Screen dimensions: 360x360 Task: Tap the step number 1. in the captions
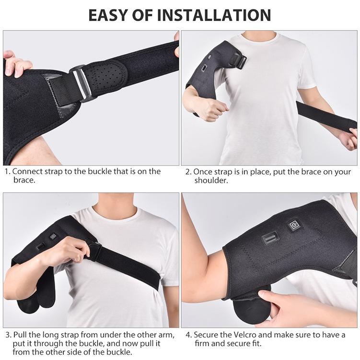click(7, 172)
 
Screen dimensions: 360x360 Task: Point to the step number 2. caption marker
click(188, 172)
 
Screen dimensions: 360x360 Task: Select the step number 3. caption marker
click(7, 335)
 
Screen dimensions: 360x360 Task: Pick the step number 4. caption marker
click(188, 335)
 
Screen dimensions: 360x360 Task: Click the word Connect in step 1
click(27, 172)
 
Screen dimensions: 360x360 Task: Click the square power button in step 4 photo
click(293, 225)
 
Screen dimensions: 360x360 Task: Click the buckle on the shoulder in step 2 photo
click(237, 61)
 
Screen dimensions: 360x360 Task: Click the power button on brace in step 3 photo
click(53, 236)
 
